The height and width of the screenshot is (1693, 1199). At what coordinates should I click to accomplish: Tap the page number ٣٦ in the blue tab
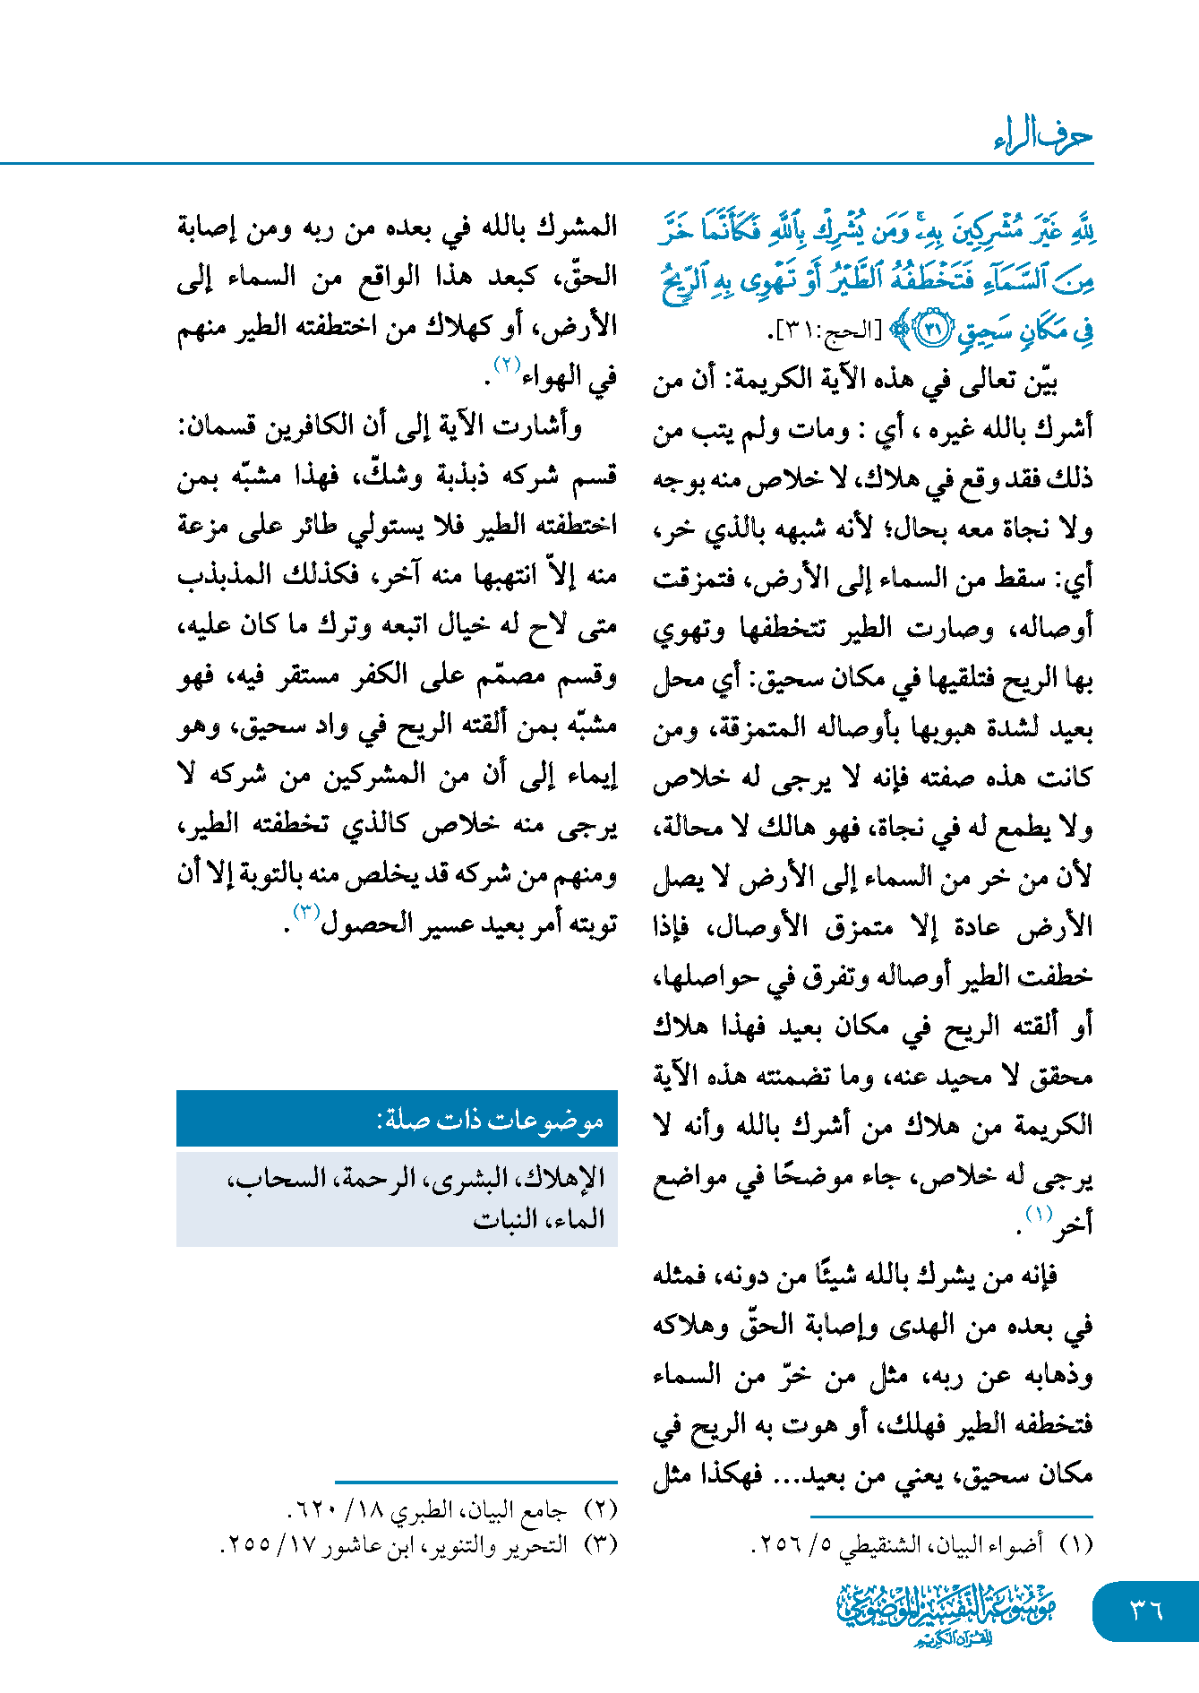(x=1145, y=1610)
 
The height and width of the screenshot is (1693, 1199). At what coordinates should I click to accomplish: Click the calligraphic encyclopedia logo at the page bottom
(x=946, y=1613)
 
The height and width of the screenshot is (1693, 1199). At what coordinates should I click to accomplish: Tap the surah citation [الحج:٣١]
(x=825, y=331)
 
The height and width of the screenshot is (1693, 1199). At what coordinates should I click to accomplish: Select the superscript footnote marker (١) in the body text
(x=1038, y=1214)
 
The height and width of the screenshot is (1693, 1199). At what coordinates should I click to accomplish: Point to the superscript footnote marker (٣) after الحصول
(x=306, y=912)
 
